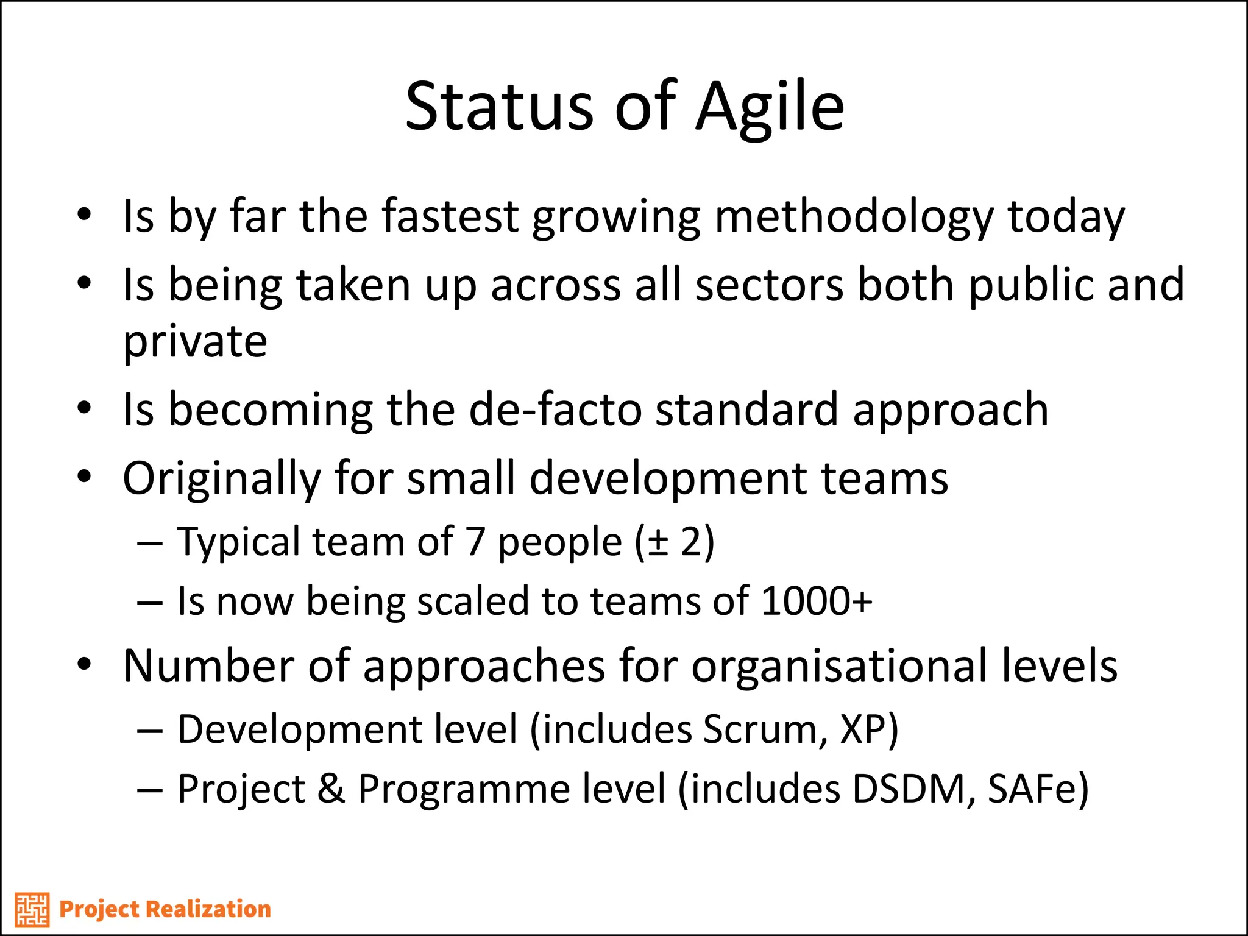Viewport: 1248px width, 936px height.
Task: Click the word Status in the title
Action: tap(499, 107)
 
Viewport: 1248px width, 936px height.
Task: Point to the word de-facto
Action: tap(555, 409)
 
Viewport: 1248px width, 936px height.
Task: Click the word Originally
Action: tap(221, 479)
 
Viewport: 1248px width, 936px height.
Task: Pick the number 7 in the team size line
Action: tap(475, 542)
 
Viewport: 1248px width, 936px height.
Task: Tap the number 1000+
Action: tap(817, 601)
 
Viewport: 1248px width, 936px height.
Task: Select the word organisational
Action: tap(839, 666)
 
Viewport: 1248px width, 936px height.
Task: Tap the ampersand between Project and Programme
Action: tap(331, 789)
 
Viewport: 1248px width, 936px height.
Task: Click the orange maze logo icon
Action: tap(32, 910)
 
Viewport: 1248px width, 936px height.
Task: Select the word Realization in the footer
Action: tap(208, 909)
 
